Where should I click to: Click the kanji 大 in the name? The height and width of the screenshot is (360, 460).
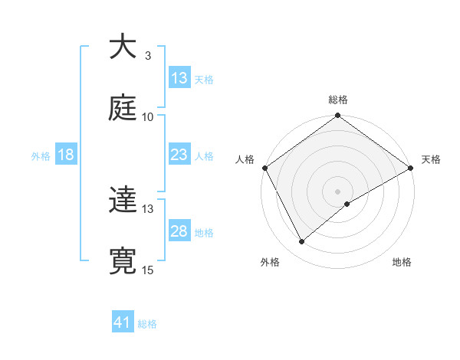[123, 47]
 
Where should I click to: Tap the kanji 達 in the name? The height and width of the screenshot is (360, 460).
[123, 200]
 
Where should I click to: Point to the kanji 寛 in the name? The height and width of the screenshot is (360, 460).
[123, 261]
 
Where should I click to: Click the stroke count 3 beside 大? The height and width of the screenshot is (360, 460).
[148, 56]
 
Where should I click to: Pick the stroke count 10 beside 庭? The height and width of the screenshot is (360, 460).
[148, 117]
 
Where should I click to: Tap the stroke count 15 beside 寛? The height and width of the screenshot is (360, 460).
[148, 270]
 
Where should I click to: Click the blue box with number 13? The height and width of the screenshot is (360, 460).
[179, 78]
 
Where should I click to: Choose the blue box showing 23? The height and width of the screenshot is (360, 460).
[179, 155]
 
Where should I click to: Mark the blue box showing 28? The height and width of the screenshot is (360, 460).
[179, 231]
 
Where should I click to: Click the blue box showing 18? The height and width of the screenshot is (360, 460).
[66, 155]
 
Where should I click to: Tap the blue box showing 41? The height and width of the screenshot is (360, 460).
[123, 323]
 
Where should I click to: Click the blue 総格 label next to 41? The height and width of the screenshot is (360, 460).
[147, 325]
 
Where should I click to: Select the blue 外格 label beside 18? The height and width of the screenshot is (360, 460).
[41, 156]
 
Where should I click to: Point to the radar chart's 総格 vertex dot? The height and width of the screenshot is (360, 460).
[338, 116]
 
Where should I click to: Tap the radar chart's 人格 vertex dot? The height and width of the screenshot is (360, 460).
[265, 168]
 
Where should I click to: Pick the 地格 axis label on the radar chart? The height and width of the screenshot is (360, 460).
[402, 263]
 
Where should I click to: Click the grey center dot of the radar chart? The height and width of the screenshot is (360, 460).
[338, 191]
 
